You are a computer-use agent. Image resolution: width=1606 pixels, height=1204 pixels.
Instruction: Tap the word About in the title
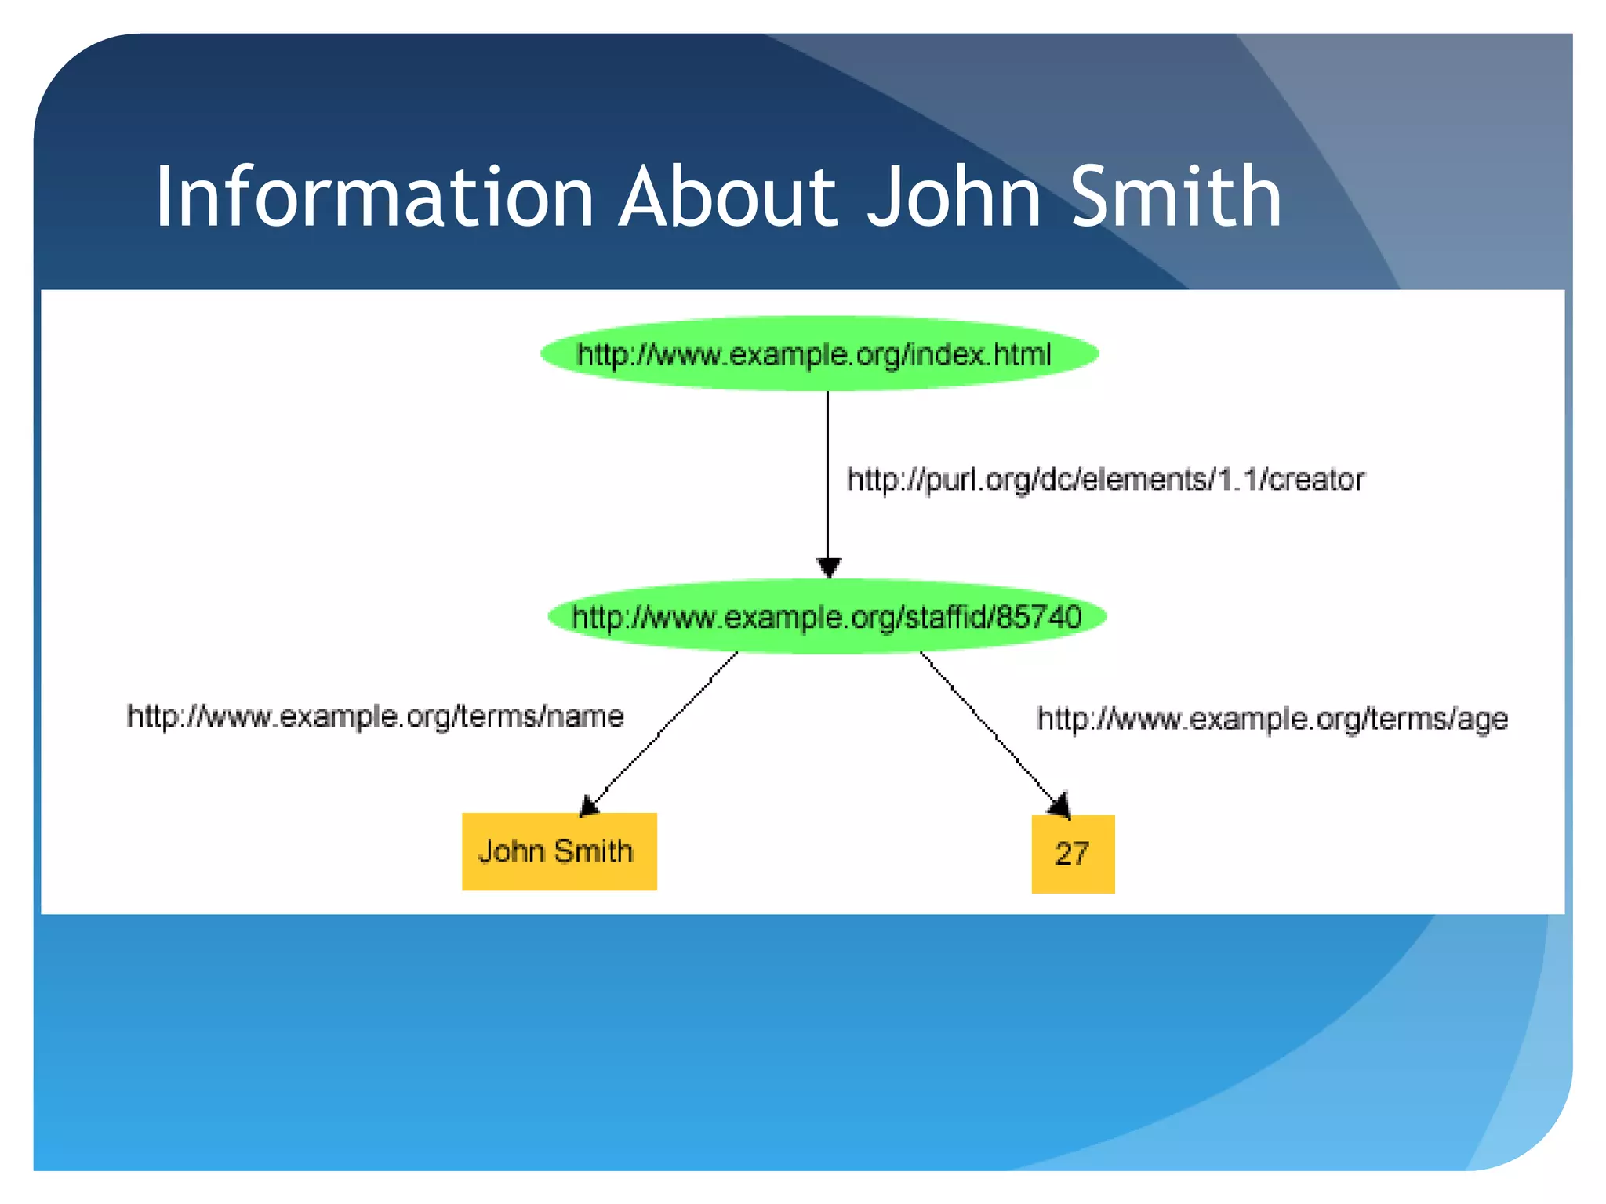(x=728, y=197)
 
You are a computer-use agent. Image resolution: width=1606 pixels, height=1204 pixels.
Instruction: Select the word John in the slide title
(x=954, y=197)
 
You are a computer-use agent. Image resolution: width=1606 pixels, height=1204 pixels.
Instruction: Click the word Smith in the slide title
(x=1175, y=197)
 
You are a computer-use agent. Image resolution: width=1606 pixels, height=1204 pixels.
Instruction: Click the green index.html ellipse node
(x=819, y=354)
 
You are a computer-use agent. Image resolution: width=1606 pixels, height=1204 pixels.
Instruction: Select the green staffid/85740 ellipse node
(x=827, y=617)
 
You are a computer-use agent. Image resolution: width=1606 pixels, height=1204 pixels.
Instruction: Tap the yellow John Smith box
(x=559, y=851)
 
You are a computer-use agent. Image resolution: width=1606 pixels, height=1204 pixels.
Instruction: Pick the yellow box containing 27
(x=1072, y=854)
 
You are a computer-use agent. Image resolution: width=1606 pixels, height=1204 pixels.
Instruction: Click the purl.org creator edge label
(x=1106, y=479)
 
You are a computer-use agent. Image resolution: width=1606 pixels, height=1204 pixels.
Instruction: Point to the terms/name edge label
(x=375, y=716)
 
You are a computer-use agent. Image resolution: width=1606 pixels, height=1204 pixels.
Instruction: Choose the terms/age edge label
(x=1271, y=719)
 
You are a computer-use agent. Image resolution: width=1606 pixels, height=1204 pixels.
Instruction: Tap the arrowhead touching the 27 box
(x=1060, y=806)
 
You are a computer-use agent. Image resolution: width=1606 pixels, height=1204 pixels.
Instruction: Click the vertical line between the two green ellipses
(x=827, y=470)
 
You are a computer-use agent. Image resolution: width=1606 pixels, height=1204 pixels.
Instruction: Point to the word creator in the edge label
(x=1317, y=479)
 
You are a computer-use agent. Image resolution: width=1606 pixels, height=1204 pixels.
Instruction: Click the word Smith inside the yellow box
(x=593, y=851)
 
